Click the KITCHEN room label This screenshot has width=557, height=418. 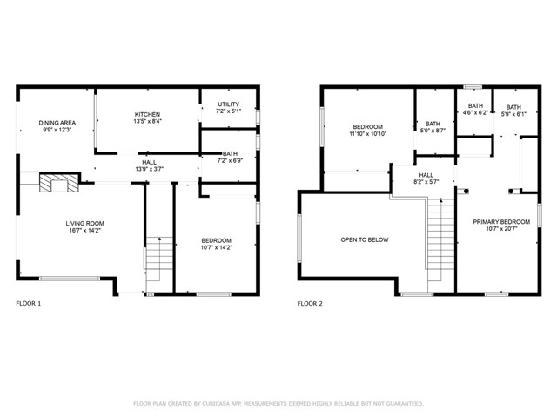pyautogui.click(x=147, y=114)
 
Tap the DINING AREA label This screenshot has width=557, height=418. pyautogui.click(x=57, y=123)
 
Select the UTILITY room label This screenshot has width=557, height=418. pyautogui.click(x=228, y=104)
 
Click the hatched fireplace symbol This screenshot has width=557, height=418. pyautogui.click(x=59, y=183)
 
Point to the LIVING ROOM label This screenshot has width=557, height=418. pyautogui.click(x=85, y=224)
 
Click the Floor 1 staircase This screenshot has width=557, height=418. pyautogui.click(x=159, y=259)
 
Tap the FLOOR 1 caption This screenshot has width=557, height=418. pyautogui.click(x=29, y=304)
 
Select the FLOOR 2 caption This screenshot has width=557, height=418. pyautogui.click(x=310, y=304)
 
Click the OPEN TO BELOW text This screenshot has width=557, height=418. pyautogui.click(x=365, y=240)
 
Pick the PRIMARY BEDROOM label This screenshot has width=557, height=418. pyautogui.click(x=501, y=222)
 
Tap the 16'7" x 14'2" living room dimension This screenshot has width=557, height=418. pyautogui.click(x=85, y=230)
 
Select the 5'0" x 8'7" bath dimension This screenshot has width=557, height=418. pyautogui.click(x=433, y=131)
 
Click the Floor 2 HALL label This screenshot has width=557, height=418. pyautogui.click(x=426, y=175)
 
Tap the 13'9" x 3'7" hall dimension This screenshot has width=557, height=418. pyautogui.click(x=149, y=169)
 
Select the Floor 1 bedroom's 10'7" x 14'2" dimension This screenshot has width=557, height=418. pyautogui.click(x=217, y=247)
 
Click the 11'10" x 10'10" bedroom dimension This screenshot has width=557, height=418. pyautogui.click(x=367, y=134)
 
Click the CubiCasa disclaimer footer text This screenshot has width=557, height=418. pyautogui.click(x=278, y=404)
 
